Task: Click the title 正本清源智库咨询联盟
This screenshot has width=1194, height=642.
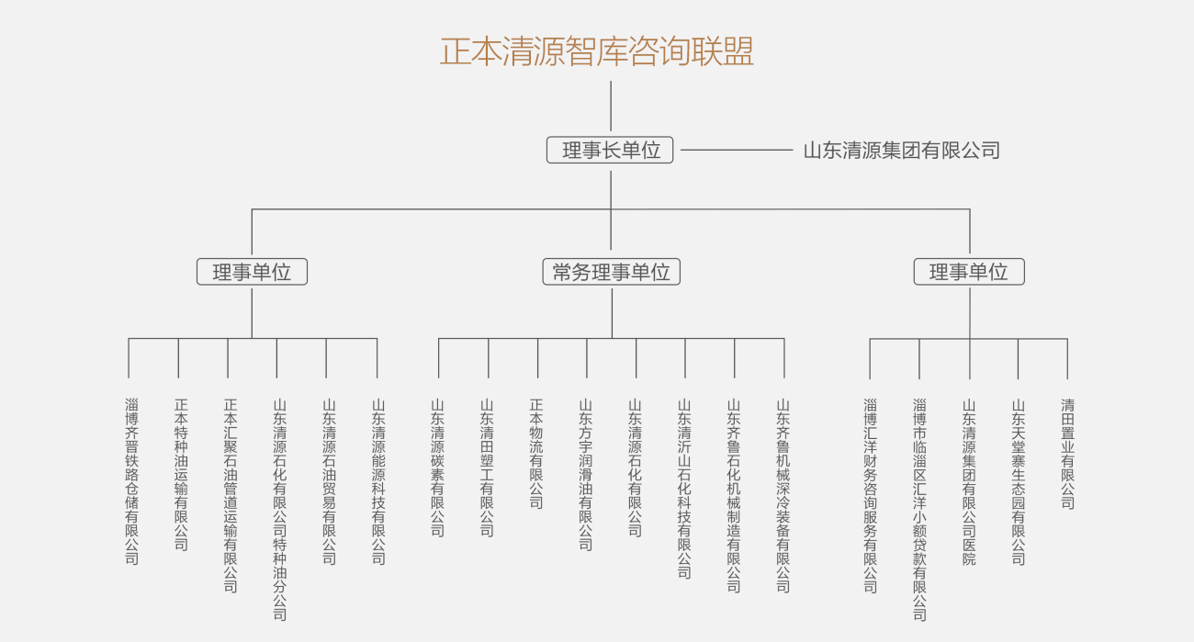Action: [597, 51]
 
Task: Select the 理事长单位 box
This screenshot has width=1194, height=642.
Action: [610, 150]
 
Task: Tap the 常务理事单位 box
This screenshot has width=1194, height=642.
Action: [611, 272]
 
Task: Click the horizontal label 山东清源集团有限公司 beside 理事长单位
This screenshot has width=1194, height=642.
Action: [901, 150]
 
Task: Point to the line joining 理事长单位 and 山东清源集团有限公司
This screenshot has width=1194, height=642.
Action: [736, 150]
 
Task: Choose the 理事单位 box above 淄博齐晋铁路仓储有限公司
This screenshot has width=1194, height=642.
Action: [252, 272]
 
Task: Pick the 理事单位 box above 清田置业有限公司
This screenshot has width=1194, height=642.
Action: [969, 272]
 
